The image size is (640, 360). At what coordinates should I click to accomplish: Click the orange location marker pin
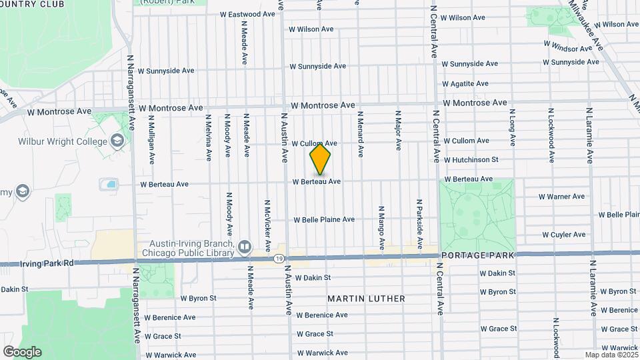coord(320,159)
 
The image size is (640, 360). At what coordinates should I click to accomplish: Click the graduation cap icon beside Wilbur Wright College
coord(118,141)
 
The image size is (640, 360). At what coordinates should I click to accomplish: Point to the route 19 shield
coord(279,257)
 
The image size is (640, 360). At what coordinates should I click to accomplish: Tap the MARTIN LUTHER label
coord(366,299)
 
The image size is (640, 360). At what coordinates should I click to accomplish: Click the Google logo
coord(22,351)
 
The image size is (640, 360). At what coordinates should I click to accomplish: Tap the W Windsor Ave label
coord(567,48)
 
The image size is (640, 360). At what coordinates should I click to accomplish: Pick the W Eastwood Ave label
coord(247,14)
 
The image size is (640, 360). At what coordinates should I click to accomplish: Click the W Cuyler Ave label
coord(563,235)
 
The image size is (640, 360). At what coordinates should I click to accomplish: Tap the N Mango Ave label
coord(381,227)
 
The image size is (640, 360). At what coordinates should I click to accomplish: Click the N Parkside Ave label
coord(419,224)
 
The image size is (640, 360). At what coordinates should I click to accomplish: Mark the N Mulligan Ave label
coord(152,141)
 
